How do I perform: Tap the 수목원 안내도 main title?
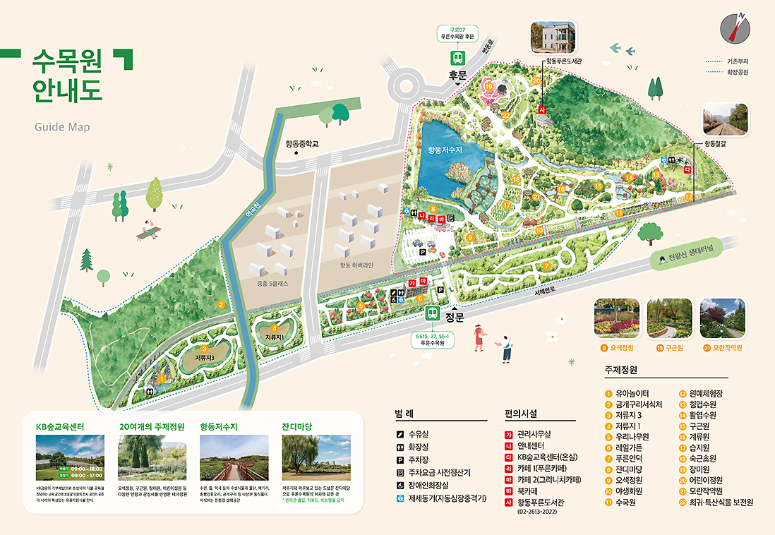coord(67,76)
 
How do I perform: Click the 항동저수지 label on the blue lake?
coord(444,150)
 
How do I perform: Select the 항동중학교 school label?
coord(302,143)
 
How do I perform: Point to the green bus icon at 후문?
coord(458,58)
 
